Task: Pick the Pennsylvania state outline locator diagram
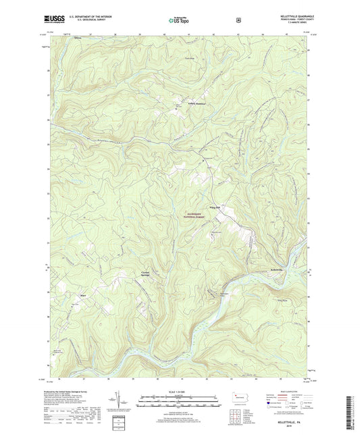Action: [240, 398]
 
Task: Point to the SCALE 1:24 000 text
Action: [179, 391]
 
